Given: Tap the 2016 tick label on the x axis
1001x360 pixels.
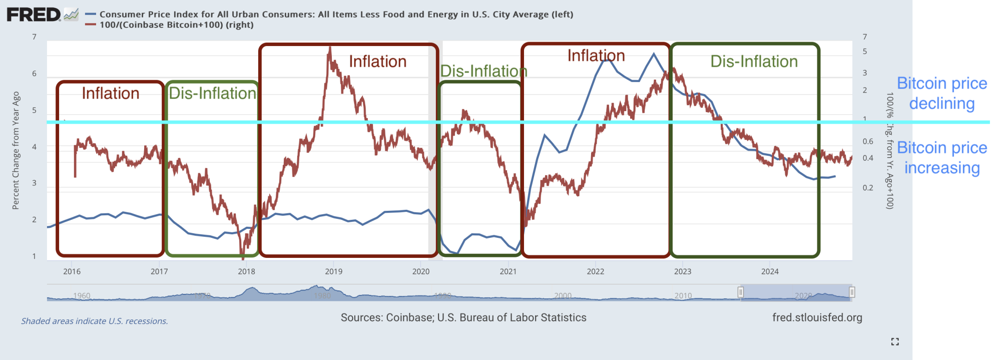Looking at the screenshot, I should tap(72, 271).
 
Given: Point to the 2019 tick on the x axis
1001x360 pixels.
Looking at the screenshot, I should tap(334, 271).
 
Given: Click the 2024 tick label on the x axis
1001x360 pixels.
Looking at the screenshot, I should tap(770, 271).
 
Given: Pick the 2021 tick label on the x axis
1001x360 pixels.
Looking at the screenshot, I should tap(508, 271).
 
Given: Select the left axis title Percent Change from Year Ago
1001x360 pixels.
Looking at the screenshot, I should tap(16, 150).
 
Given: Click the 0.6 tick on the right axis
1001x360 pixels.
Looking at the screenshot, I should tap(868, 142).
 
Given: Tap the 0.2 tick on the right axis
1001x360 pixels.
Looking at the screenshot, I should tap(868, 188).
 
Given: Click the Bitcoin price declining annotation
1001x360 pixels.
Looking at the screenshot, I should tap(942, 94).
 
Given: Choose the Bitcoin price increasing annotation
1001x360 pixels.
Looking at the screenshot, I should tap(942, 158).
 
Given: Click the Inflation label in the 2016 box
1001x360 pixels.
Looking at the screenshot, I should tap(111, 94).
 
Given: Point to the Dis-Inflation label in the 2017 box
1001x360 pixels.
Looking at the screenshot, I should tap(212, 94).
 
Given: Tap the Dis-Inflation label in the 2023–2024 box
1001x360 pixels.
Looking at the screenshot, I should tap(754, 62).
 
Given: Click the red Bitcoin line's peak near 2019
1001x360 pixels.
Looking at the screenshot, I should tap(330, 49).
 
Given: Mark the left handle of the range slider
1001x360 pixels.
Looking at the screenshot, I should tap(741, 292).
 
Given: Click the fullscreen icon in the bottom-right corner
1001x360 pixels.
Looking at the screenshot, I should tap(895, 341).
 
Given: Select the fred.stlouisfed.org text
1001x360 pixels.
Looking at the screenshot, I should tap(817, 317).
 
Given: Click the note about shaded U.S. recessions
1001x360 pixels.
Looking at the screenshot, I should tap(95, 321).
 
